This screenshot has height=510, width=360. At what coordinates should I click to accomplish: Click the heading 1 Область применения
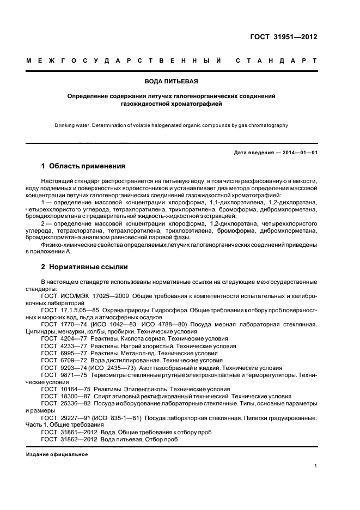point(83,166)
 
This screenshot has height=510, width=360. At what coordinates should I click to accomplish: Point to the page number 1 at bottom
point(315,465)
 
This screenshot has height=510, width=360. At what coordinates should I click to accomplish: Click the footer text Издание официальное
point(57,454)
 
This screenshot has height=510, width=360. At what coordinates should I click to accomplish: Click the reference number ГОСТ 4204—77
point(62,339)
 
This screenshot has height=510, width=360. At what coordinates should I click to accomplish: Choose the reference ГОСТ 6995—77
point(62,353)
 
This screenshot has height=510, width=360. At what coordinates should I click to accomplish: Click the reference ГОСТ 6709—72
point(62,360)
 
